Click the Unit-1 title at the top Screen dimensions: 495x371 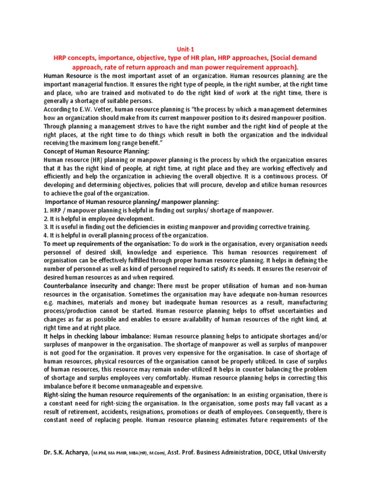185,48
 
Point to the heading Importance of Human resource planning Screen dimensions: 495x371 132,202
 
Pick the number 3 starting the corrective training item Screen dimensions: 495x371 45,227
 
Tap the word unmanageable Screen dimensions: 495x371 155,386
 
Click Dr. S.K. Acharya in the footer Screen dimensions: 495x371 66,452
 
